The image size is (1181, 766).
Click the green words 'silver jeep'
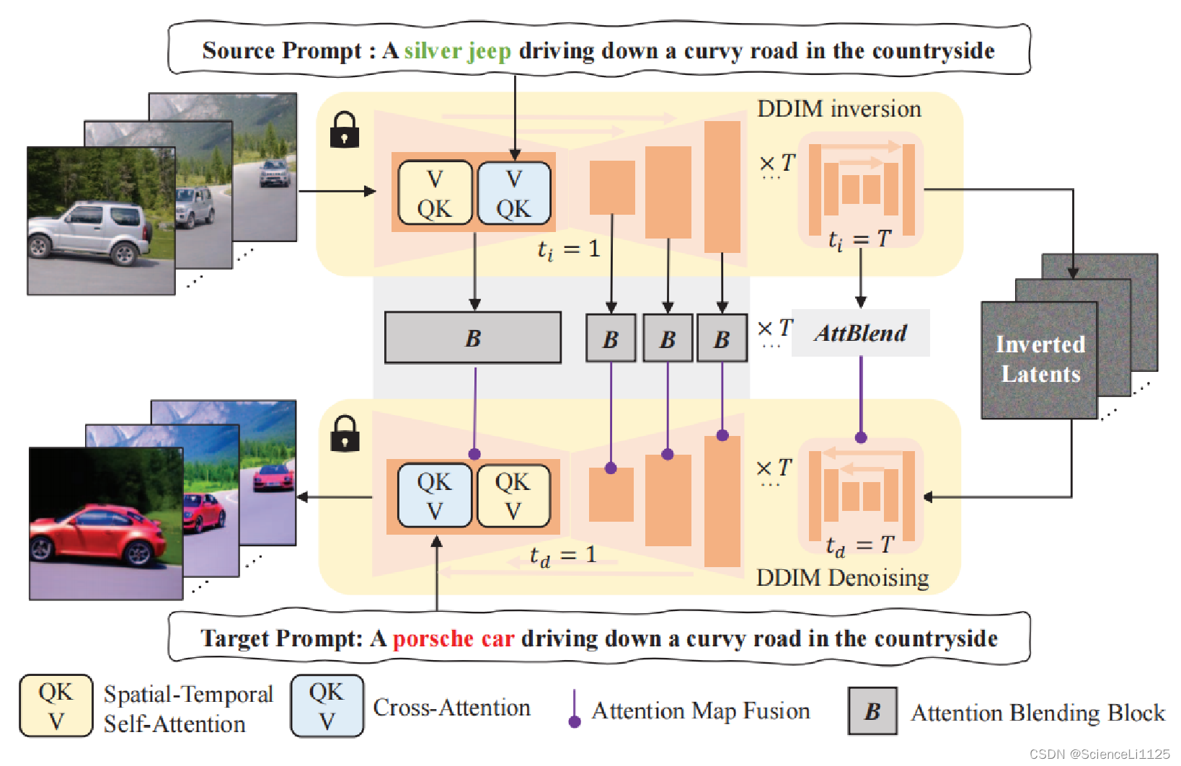[457, 51]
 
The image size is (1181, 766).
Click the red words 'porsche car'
[454, 639]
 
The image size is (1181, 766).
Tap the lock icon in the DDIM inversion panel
[344, 130]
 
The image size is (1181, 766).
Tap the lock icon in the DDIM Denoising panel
[345, 434]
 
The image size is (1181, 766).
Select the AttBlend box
[860, 334]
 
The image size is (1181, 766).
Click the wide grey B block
[473, 338]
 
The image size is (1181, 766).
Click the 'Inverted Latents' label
[1040, 359]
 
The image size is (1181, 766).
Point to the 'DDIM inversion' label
[839, 109]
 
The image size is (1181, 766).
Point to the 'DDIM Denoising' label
[842, 578]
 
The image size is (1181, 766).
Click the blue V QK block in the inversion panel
[513, 193]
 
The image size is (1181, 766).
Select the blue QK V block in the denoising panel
[434, 496]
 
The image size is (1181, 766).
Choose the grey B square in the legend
[872, 711]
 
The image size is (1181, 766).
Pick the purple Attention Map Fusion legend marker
[575, 721]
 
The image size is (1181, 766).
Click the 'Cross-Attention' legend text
[451, 708]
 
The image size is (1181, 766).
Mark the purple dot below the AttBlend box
[861, 437]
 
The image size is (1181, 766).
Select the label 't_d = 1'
[563, 556]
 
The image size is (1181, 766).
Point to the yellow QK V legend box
[56, 706]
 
